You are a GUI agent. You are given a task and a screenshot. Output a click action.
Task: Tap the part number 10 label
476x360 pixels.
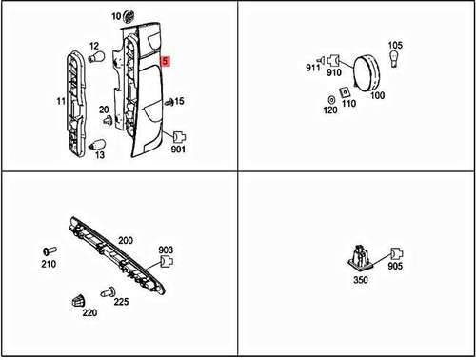[116, 17]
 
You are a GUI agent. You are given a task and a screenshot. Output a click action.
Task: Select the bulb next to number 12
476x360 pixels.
[96, 59]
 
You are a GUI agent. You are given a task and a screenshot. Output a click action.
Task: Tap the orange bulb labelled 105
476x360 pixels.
[395, 63]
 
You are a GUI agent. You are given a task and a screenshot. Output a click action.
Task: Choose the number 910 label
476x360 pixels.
[334, 72]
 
